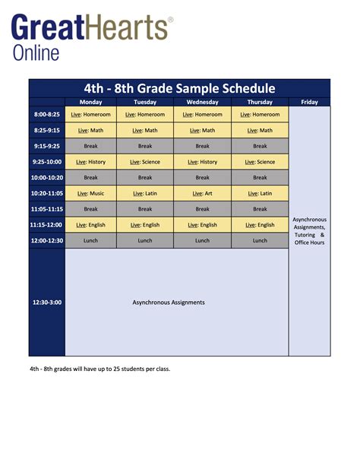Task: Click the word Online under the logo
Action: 36,52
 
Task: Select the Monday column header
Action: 91,102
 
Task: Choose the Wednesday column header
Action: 202,102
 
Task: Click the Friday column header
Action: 309,102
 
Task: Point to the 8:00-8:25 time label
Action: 46,114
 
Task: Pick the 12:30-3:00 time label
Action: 46,302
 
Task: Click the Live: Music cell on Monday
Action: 91,193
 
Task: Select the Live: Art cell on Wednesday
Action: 202,193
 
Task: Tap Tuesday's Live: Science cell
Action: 145,162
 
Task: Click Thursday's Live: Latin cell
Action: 260,193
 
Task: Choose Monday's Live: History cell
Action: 91,162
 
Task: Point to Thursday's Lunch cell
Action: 260,240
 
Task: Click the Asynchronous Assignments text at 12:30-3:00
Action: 169,302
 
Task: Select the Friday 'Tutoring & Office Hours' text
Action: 309,239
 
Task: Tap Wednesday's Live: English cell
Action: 202,225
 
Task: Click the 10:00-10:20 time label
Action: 46,177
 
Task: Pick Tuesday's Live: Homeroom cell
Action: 145,114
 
